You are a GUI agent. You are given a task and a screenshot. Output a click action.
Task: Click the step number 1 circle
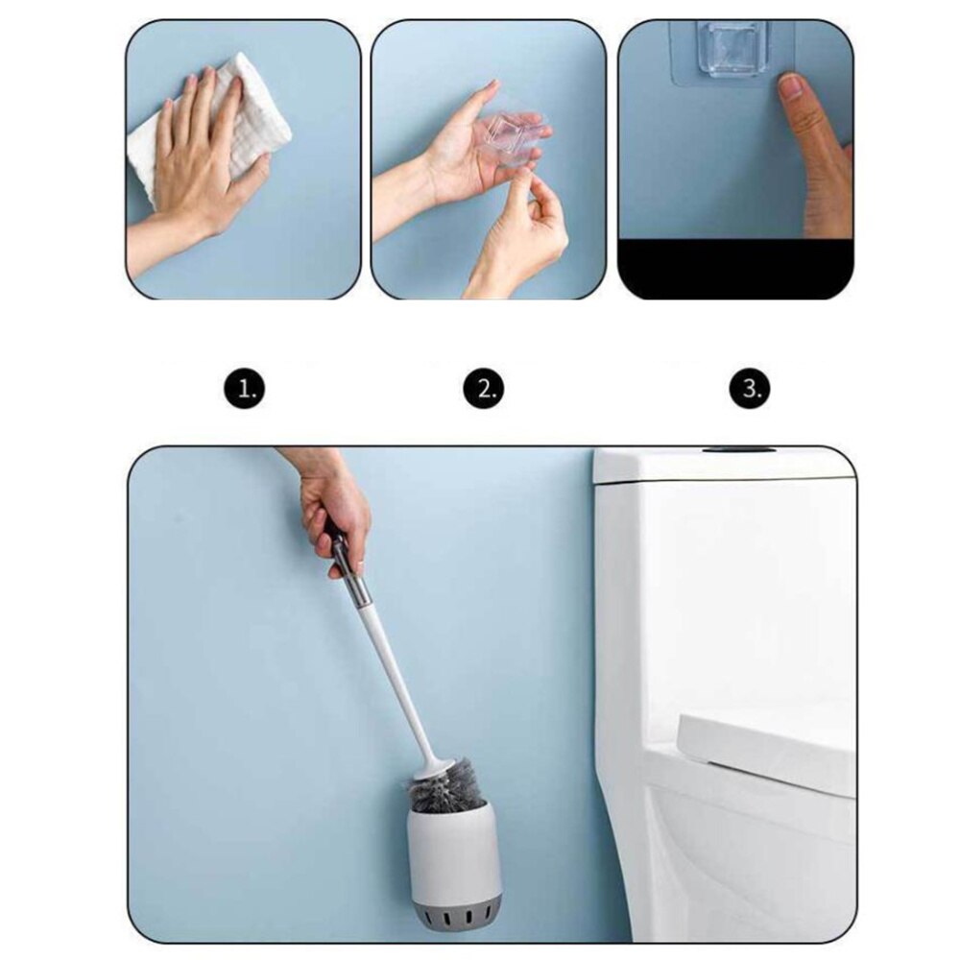[246, 389]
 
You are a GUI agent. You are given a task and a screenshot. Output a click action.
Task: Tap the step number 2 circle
[484, 389]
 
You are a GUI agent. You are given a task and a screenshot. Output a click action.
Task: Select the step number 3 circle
[750, 389]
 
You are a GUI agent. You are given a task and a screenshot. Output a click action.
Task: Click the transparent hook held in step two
[515, 137]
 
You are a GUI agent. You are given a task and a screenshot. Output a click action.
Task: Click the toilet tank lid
[720, 466]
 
